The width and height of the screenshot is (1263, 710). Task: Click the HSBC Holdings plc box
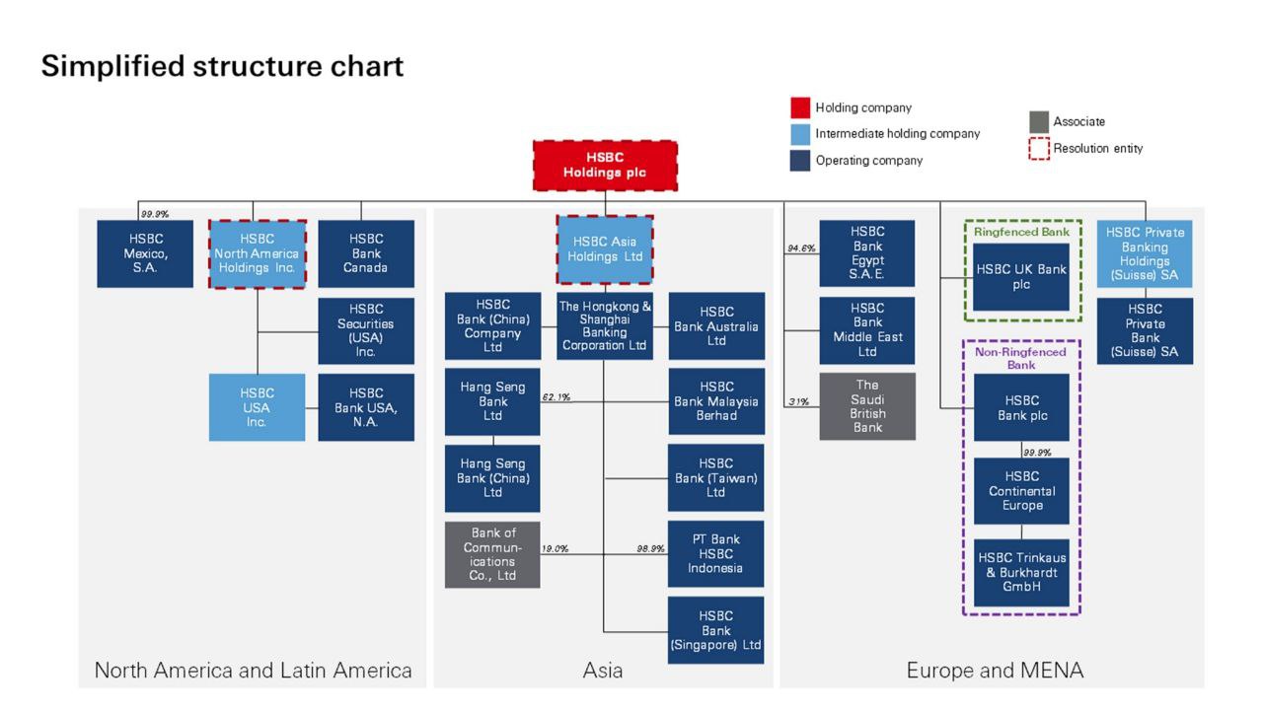(x=605, y=165)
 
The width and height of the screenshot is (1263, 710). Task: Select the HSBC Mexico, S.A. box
(x=144, y=253)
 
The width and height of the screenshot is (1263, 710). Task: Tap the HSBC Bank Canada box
(x=366, y=253)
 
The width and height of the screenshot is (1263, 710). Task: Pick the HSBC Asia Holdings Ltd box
(x=605, y=249)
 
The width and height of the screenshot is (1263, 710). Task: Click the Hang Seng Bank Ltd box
(x=492, y=401)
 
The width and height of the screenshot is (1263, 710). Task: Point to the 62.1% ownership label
(x=557, y=397)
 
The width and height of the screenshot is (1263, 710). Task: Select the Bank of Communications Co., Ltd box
(x=492, y=554)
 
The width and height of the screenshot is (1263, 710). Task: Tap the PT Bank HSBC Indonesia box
(x=716, y=554)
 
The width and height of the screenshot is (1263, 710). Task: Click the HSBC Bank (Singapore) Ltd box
(x=716, y=630)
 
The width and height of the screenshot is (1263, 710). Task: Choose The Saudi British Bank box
(x=867, y=406)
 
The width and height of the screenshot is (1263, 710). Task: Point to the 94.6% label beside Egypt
(x=801, y=248)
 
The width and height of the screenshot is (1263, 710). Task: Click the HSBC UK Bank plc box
(x=1021, y=277)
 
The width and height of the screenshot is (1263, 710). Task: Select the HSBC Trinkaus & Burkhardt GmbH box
(x=1021, y=573)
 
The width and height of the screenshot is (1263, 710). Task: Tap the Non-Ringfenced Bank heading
(x=1021, y=358)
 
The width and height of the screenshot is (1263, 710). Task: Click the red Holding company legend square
(x=800, y=107)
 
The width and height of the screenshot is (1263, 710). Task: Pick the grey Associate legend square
(x=1038, y=121)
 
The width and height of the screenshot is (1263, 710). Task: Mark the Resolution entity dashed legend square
(x=1038, y=149)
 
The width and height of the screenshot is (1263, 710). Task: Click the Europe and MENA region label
(x=995, y=672)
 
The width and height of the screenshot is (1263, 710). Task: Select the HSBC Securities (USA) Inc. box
(x=366, y=330)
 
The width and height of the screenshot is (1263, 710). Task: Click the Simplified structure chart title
(x=222, y=66)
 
